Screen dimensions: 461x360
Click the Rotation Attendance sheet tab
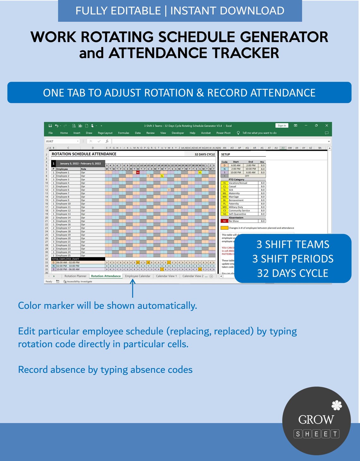[x=106, y=276]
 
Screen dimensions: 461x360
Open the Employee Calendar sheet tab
[x=138, y=276]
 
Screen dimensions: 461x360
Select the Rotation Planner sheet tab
[x=75, y=276]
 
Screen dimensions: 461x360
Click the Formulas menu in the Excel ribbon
[x=123, y=133]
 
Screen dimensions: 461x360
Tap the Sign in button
[x=282, y=125]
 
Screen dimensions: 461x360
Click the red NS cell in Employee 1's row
[x=138, y=173]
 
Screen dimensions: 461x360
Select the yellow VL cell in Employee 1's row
[x=200, y=173]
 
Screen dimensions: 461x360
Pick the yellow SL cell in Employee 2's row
[x=162, y=176]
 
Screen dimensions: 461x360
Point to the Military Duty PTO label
[x=236, y=207]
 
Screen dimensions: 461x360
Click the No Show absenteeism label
[x=234, y=221]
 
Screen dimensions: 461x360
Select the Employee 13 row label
[x=63, y=214]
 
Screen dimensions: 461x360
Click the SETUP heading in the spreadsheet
[x=225, y=155]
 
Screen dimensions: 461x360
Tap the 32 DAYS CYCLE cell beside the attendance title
[x=205, y=155]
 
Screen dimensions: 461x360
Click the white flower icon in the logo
[x=337, y=405]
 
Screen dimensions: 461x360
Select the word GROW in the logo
[x=316, y=420]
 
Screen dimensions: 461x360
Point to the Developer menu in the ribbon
[x=178, y=133]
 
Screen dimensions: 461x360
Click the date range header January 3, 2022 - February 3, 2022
[x=81, y=164]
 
